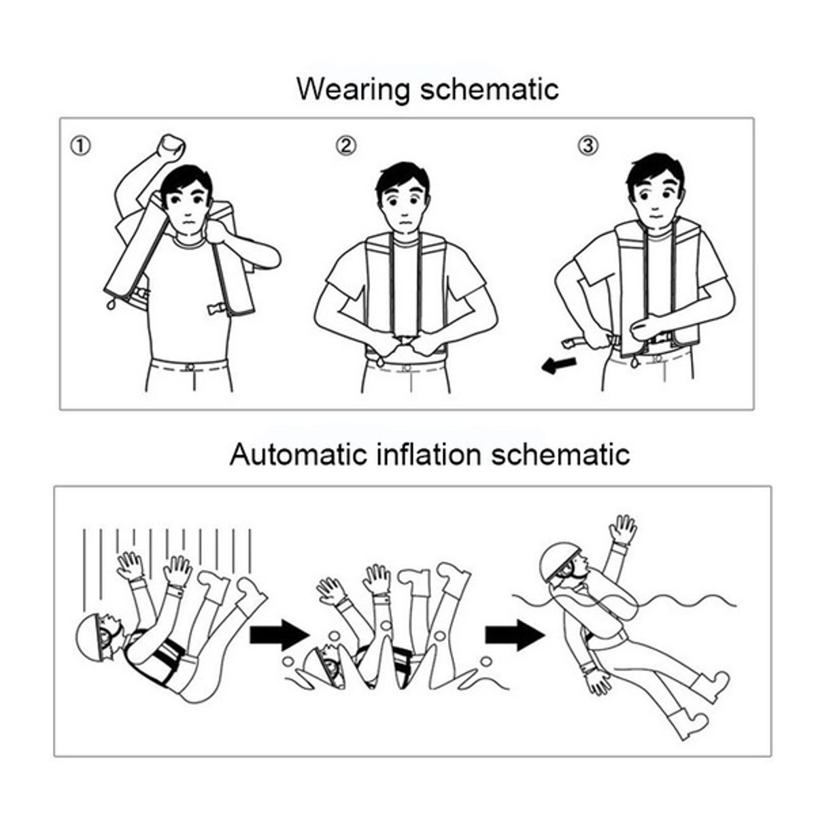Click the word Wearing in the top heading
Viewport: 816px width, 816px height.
(354, 89)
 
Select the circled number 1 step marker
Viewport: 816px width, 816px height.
(80, 146)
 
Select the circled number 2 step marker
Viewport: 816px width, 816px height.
(346, 146)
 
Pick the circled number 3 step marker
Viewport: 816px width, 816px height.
(588, 146)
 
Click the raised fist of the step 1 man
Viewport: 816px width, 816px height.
(171, 148)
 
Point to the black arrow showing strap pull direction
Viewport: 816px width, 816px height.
(558, 364)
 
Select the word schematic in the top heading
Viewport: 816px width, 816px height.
(490, 89)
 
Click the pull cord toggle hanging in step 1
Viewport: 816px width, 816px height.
(112, 304)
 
